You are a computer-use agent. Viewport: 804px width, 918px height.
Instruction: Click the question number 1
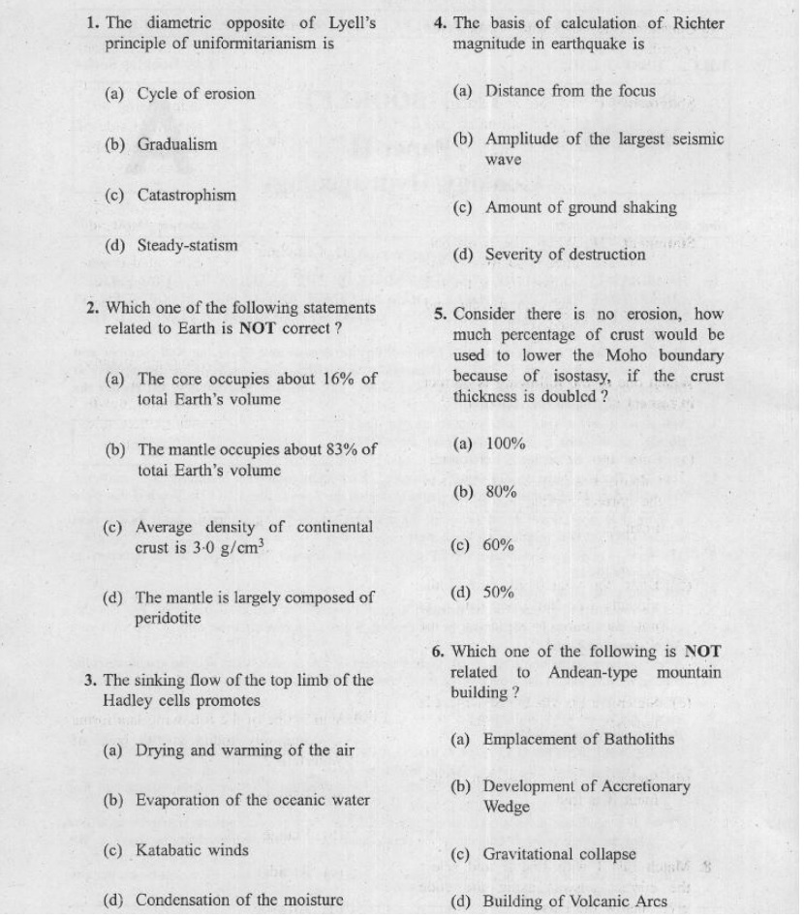pos(92,22)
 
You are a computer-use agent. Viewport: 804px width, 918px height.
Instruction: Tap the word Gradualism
pos(176,144)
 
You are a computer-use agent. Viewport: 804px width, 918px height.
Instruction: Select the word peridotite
pos(169,618)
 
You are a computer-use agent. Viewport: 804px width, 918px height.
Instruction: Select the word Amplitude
pos(520,138)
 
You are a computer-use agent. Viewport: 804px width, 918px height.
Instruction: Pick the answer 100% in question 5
pos(505,444)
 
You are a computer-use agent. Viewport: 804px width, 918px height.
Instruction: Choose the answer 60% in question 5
pos(500,545)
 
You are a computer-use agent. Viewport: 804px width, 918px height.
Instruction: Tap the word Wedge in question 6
pos(506,807)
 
